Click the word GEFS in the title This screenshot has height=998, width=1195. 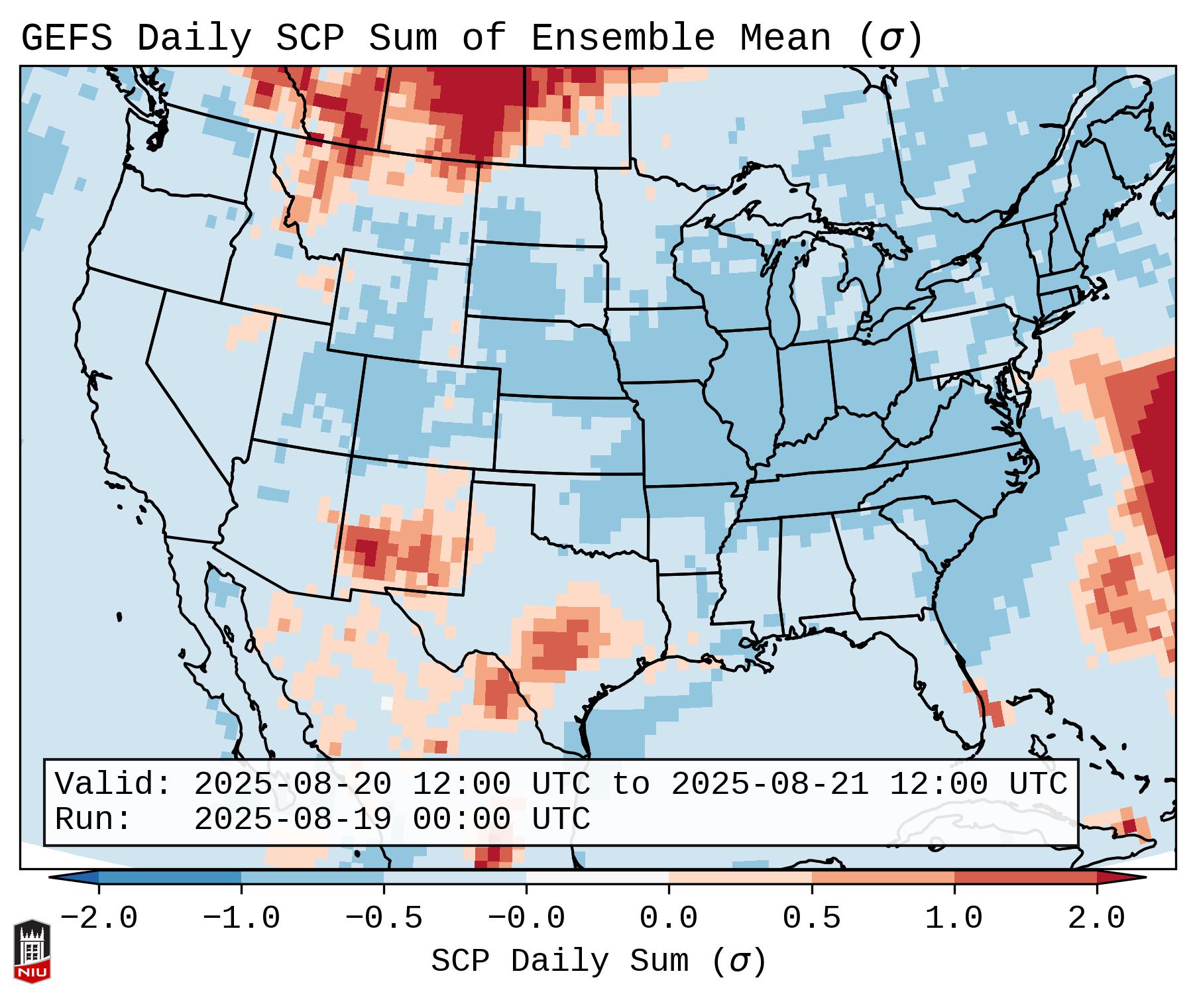pyautogui.click(x=66, y=38)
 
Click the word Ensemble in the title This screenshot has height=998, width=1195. pyautogui.click(x=622, y=38)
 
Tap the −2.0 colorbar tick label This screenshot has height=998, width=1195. pyautogui.click(x=99, y=918)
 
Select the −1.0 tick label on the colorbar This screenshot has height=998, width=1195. pyautogui.click(x=241, y=918)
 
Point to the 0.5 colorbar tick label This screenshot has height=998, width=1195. pyautogui.click(x=811, y=918)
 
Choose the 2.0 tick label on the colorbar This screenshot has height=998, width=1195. pyautogui.click(x=1096, y=918)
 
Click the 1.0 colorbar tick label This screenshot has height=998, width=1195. pyautogui.click(x=954, y=918)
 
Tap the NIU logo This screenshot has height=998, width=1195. pyautogui.click(x=32, y=952)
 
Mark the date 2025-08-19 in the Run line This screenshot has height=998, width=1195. pyautogui.click(x=292, y=820)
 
